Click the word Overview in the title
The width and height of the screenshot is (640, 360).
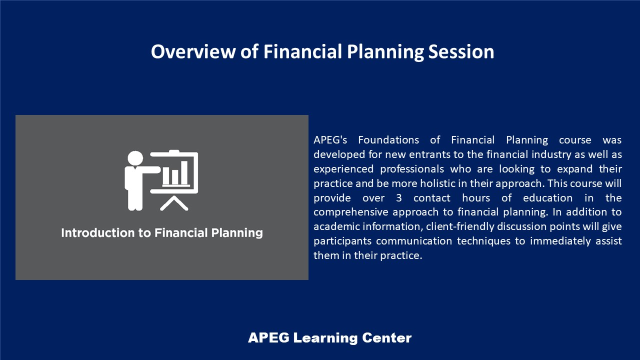(193, 51)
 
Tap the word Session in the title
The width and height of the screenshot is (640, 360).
(461, 51)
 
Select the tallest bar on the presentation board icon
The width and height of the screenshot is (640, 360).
(184, 172)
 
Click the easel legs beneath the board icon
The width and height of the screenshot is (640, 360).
(174, 203)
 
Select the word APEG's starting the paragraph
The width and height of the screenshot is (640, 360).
(330, 140)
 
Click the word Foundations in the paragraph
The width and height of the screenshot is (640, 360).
(388, 140)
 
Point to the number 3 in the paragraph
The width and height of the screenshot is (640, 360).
(399, 198)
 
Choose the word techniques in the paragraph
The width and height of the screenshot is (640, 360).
(483, 241)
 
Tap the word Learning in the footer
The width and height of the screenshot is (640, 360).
(325, 338)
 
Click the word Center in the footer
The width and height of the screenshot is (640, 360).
(387, 338)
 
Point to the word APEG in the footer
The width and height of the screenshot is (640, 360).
(268, 338)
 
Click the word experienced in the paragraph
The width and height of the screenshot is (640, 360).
(343, 169)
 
